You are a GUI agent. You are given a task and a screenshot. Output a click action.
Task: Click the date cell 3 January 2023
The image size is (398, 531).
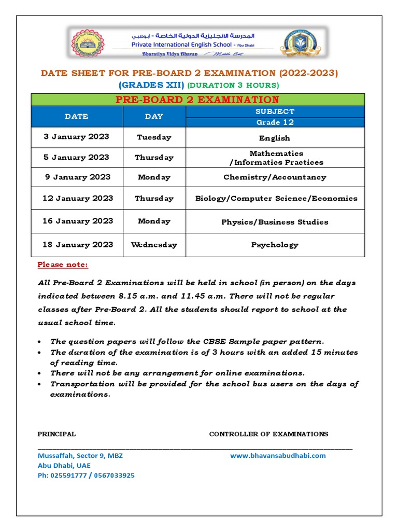click(76, 137)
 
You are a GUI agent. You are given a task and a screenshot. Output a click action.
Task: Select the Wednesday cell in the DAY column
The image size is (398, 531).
click(154, 245)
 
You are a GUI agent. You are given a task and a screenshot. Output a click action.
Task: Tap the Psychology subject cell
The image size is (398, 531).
click(275, 245)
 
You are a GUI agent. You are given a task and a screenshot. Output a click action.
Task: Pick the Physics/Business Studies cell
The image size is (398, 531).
click(275, 222)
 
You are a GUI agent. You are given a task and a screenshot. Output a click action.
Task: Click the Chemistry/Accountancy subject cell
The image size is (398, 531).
click(275, 177)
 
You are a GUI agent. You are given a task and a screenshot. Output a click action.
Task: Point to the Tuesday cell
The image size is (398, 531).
click(154, 137)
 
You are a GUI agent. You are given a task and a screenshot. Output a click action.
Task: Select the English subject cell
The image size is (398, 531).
click(275, 138)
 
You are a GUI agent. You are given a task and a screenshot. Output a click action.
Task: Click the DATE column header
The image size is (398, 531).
click(76, 117)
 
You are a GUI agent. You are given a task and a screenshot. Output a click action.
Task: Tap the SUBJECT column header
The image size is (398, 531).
click(275, 111)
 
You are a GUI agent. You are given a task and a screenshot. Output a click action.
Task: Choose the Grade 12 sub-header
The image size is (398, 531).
click(275, 122)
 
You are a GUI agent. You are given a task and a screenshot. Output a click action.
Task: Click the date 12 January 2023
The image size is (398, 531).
click(78, 198)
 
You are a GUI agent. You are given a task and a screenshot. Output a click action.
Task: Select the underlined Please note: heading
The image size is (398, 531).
click(63, 265)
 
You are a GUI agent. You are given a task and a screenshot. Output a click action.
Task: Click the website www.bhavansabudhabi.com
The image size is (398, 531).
click(278, 455)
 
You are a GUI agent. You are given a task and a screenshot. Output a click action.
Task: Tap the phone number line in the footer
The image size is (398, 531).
click(86, 475)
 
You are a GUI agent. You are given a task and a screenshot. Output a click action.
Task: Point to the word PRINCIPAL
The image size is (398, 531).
click(56, 434)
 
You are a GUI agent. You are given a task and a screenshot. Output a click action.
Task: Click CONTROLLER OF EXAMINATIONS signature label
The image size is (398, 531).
click(268, 434)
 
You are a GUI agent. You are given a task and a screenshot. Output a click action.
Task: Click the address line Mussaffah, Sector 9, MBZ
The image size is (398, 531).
click(80, 455)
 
